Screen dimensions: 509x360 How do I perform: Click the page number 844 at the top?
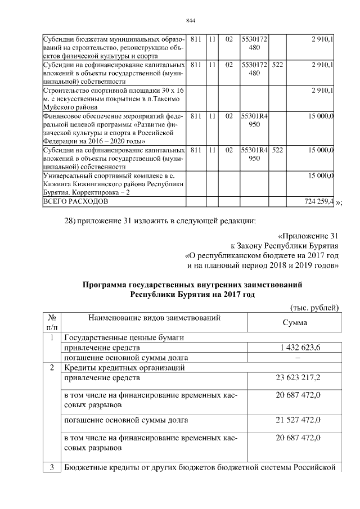190,21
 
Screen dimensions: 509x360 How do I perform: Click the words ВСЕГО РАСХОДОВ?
74,201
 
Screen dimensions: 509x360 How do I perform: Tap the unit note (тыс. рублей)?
314,307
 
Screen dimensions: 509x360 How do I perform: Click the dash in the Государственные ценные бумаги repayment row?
298,358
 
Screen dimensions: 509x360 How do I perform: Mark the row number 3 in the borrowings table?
52,467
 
